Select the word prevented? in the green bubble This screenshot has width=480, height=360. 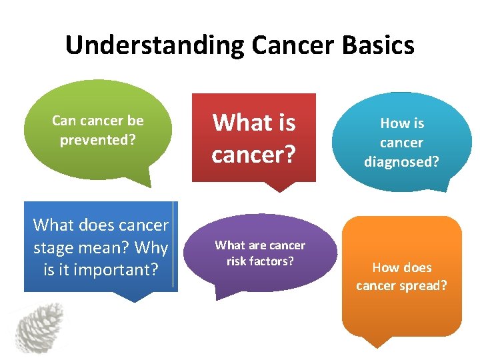[x=98, y=140]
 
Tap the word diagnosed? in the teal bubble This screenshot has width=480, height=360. [x=401, y=161]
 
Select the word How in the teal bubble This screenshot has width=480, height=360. [x=392, y=123]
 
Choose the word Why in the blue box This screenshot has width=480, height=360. [x=151, y=248]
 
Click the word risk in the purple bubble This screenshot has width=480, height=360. [x=238, y=261]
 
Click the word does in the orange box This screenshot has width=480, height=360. [x=416, y=267]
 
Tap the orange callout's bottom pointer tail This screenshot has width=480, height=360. [x=377, y=341]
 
